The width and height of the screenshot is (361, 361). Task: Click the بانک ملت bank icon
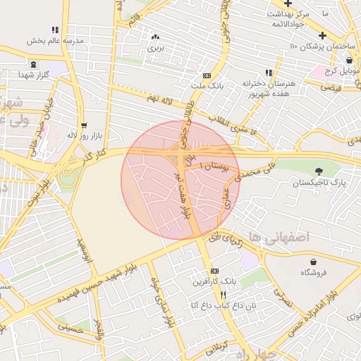(207, 75)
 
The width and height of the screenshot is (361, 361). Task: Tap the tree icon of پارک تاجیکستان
(320, 171)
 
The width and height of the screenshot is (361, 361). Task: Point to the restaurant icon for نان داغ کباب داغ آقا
(224, 294)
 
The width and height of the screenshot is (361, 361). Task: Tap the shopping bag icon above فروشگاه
(308, 260)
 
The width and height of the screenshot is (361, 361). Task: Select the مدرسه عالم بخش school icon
(56, 30)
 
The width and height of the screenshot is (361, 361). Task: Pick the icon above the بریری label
(155, 37)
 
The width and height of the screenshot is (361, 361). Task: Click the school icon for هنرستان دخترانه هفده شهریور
(268, 73)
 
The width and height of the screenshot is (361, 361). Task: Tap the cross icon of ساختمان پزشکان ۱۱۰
(322, 35)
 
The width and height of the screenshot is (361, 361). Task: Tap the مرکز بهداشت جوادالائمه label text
(286, 18)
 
